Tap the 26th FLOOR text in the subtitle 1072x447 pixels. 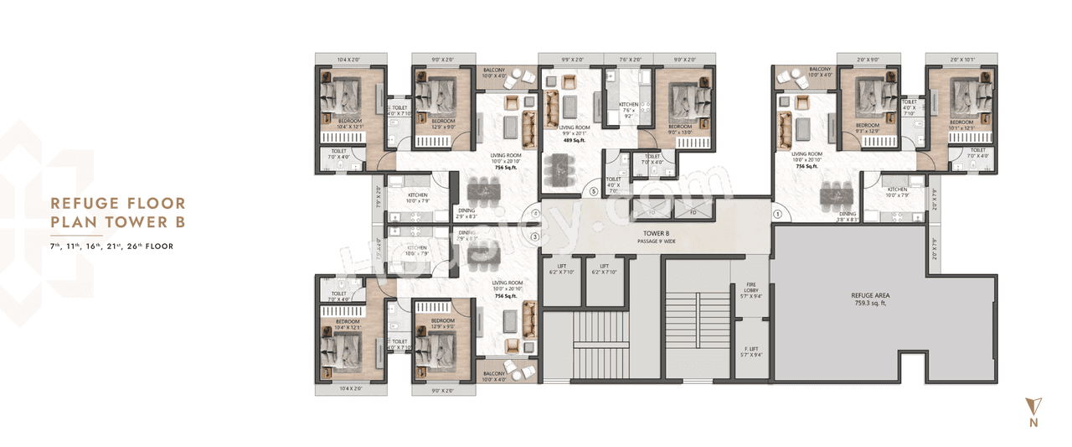click(151, 247)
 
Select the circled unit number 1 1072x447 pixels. click(777, 214)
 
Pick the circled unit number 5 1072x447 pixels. click(594, 191)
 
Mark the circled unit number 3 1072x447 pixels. click(534, 237)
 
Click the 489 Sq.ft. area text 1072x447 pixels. click(572, 141)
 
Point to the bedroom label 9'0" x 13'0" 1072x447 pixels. click(685, 128)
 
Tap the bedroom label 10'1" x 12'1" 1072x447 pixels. click(961, 126)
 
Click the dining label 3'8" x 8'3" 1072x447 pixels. click(848, 216)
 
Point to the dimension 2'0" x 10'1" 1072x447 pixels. click(961, 60)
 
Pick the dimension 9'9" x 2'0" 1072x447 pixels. click(572, 60)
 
